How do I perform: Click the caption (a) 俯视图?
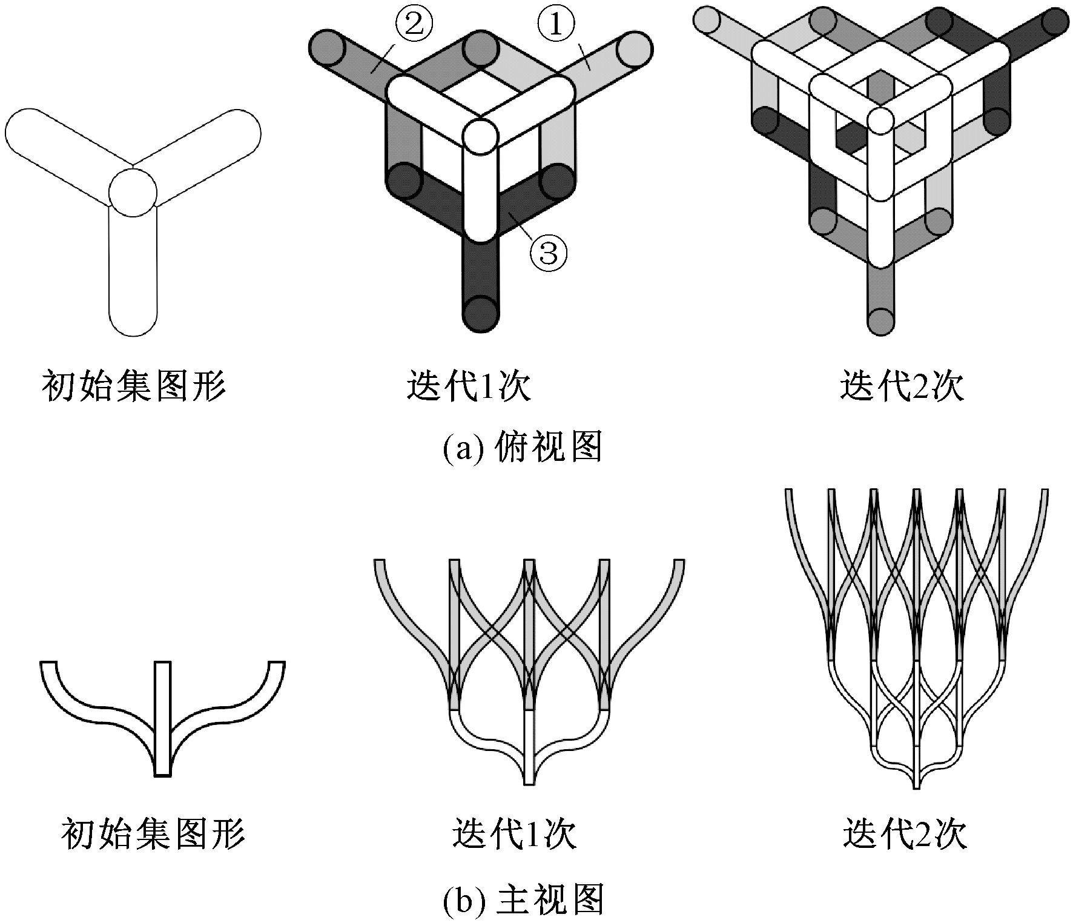522,448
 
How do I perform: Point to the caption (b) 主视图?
522,899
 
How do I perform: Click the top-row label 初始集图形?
133,386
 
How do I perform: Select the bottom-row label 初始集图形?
154,834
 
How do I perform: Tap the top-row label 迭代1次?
468,386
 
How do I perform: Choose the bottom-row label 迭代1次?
513,834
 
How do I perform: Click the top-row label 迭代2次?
901,386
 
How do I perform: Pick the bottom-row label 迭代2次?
905,834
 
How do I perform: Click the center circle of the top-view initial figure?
133,192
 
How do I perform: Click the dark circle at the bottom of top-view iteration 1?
482,313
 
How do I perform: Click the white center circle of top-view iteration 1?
482,136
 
